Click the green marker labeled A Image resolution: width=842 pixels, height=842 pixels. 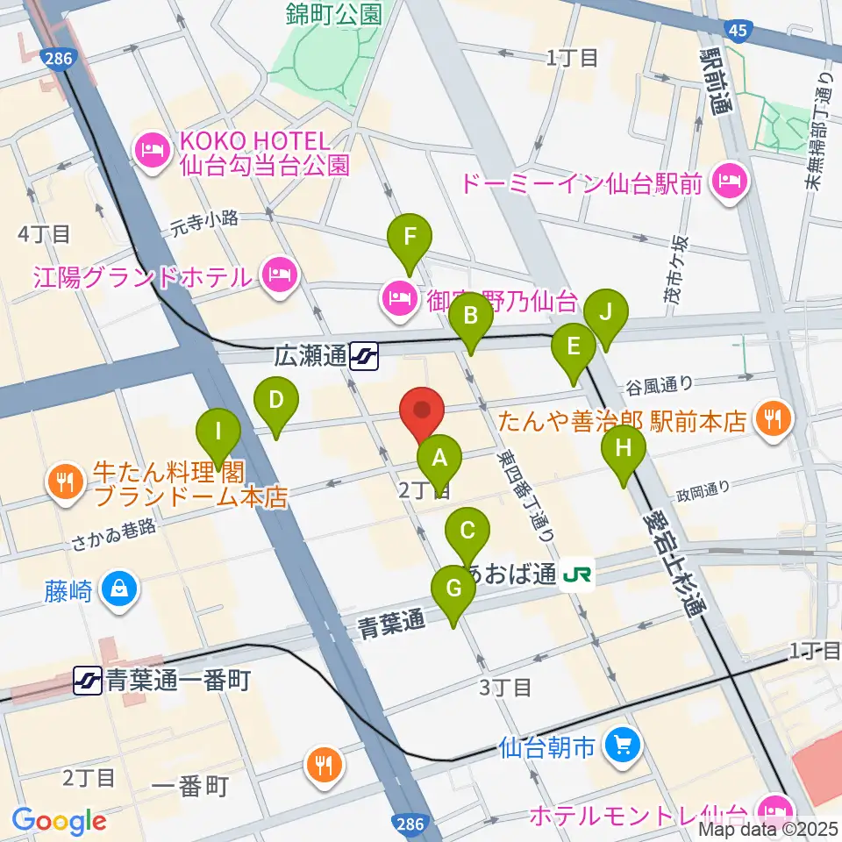[439, 458]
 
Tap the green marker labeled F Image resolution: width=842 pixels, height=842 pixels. [410, 237]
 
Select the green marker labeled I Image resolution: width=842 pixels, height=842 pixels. [219, 433]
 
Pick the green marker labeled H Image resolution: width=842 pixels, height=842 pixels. [624, 449]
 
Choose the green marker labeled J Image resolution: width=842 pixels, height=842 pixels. [605, 313]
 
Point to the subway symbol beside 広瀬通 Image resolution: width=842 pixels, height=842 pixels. [364, 356]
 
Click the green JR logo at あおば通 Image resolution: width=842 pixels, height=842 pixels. [579, 575]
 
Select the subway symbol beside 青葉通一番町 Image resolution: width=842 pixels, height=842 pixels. [87, 678]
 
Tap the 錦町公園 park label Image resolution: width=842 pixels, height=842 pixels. [334, 13]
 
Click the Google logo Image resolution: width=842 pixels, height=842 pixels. [59, 821]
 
